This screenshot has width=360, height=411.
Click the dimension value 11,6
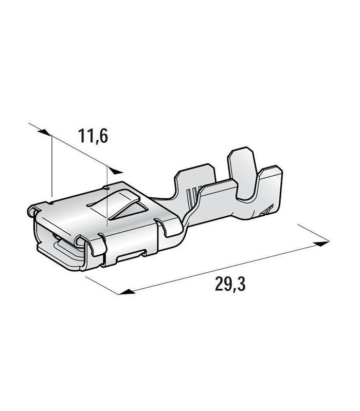[93, 136]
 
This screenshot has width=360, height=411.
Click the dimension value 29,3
[230, 284]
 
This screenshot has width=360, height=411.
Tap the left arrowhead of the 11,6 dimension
[44, 133]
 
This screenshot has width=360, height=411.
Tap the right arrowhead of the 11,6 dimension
[116, 171]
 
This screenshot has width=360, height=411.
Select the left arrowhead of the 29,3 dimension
[127, 292]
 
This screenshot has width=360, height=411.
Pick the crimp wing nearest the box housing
[195, 181]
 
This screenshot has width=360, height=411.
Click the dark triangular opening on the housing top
[131, 211]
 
